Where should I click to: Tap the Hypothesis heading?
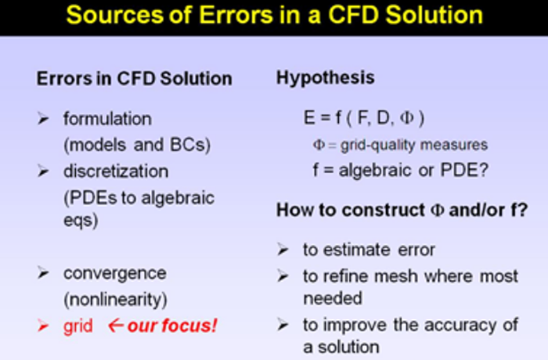tap(326, 78)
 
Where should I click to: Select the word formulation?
tap(107, 119)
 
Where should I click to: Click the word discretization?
tap(116, 171)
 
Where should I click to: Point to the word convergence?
tap(114, 274)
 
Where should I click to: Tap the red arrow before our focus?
tap(116, 326)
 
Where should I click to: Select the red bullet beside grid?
tap(43, 326)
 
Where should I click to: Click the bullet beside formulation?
tap(43, 119)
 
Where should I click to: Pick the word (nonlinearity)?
tap(115, 300)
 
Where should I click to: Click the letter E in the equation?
tap(309, 118)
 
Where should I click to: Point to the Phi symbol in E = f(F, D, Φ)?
tap(407, 118)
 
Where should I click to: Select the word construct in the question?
tap(383, 211)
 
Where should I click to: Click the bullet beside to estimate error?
tap(283, 250)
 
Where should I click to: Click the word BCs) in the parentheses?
tap(190, 145)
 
